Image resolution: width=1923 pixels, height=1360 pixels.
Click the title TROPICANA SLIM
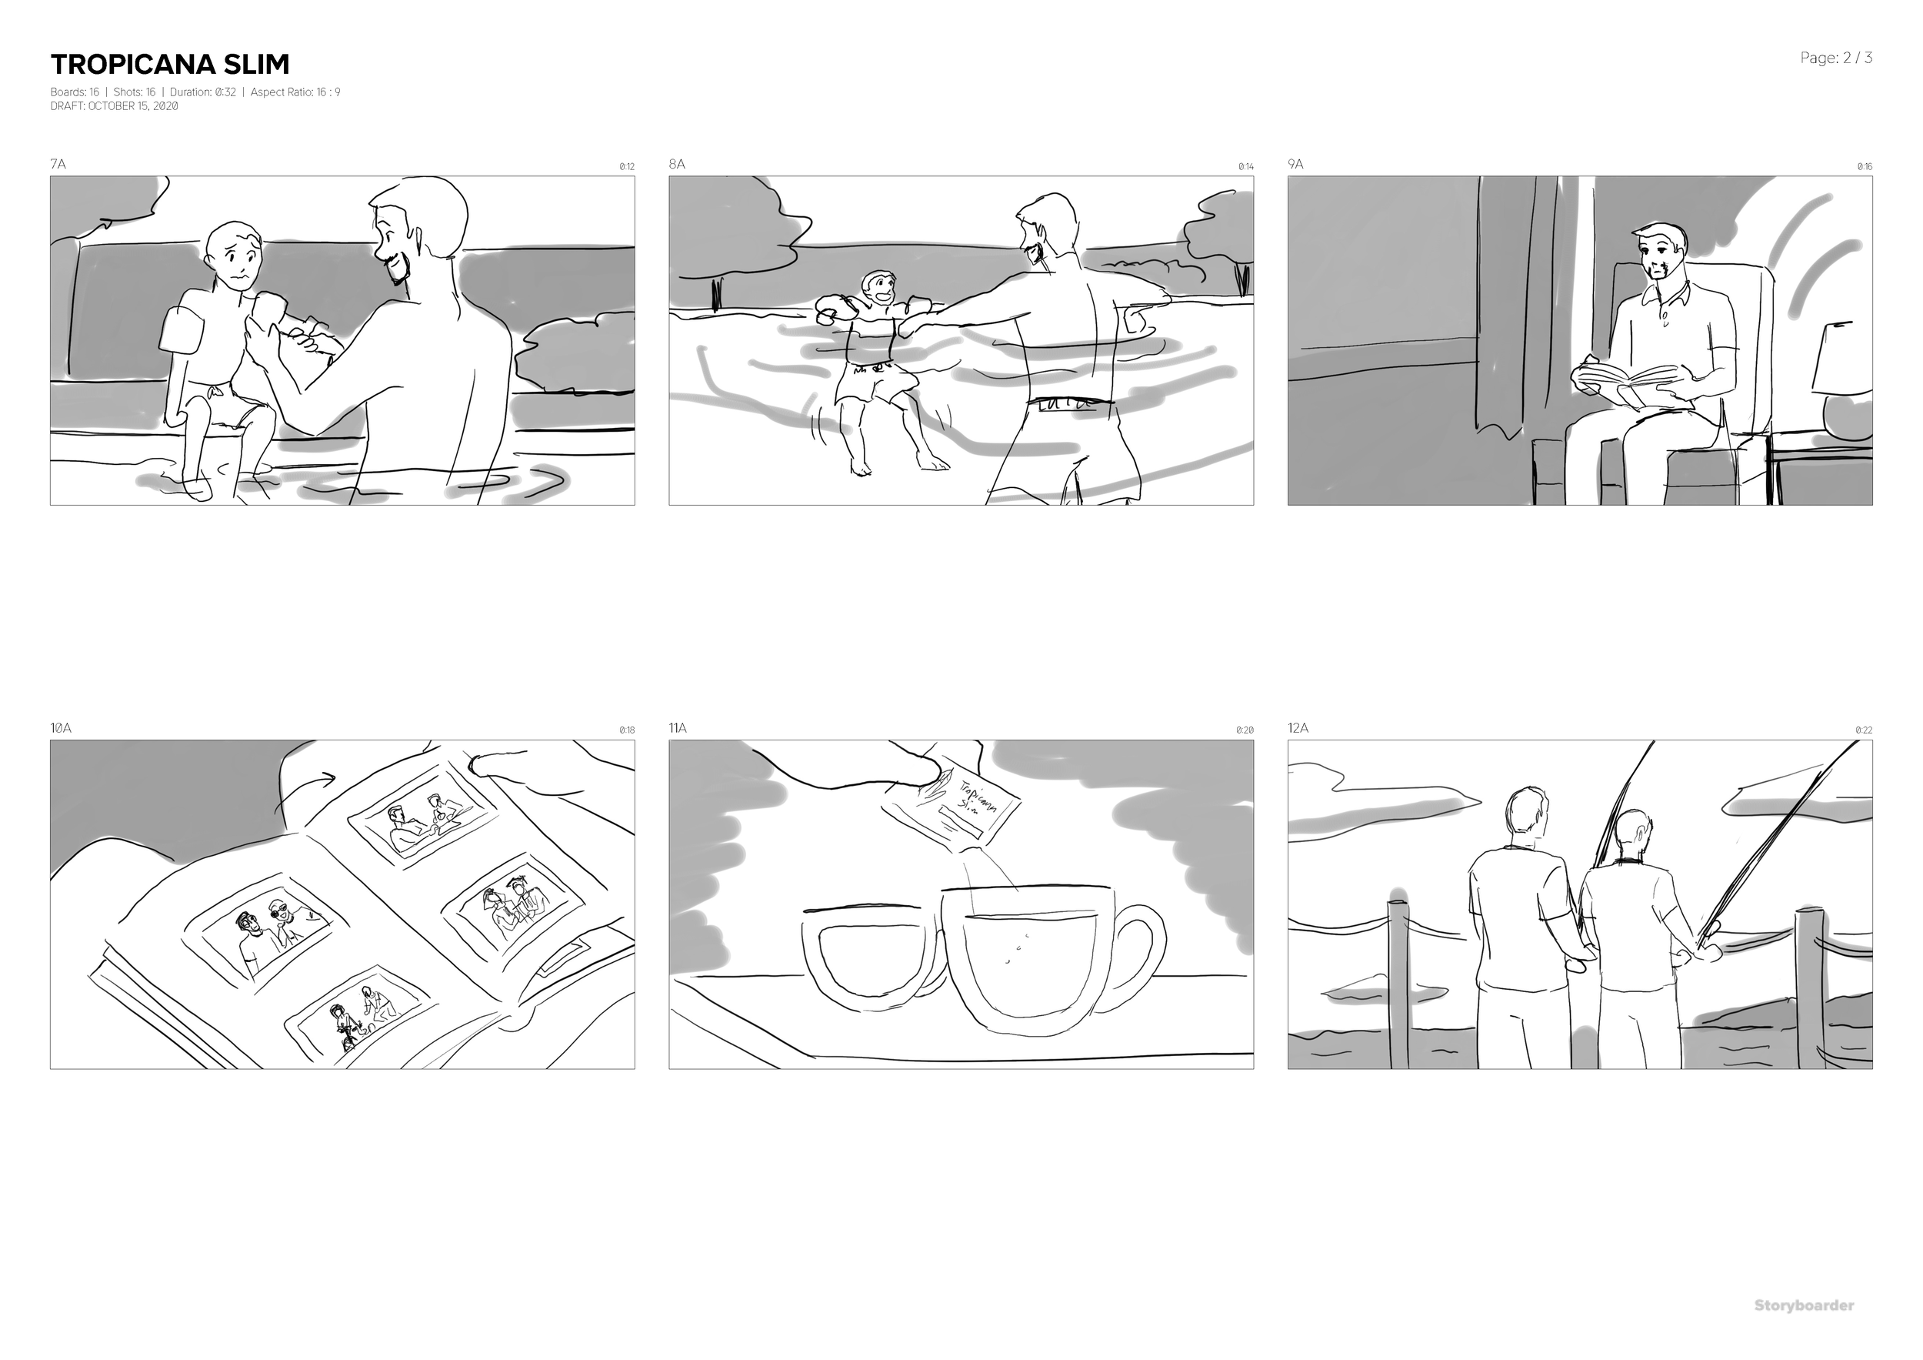170,65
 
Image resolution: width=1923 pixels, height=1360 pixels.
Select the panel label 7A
58,164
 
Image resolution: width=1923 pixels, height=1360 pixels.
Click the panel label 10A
60,728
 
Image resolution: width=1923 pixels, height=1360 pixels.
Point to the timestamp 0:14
1245,167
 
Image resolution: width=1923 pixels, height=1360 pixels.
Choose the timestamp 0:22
1864,730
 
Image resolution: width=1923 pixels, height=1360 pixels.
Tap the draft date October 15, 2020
114,106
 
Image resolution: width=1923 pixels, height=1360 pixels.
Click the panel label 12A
1298,728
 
